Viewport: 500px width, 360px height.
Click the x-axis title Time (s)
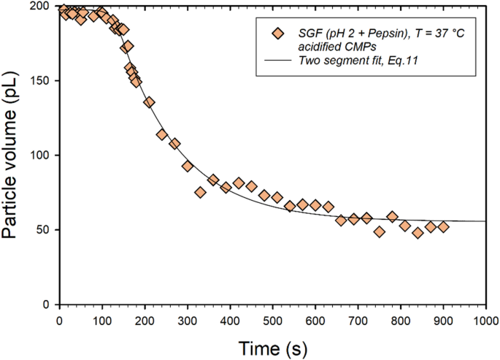tap(272, 345)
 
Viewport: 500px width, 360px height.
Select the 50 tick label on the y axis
tap(46, 230)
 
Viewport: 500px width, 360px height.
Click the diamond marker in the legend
tap(277, 34)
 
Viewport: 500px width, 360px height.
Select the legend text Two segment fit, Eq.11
tap(358, 61)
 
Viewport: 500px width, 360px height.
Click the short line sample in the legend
tap(277, 61)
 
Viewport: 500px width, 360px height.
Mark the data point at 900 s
tap(443, 227)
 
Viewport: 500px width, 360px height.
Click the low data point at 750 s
tap(380, 231)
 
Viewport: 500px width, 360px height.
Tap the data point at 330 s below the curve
tap(200, 192)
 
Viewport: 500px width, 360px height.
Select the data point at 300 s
tap(188, 166)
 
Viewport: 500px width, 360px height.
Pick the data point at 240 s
tap(162, 134)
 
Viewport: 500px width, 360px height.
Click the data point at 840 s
tap(418, 233)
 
